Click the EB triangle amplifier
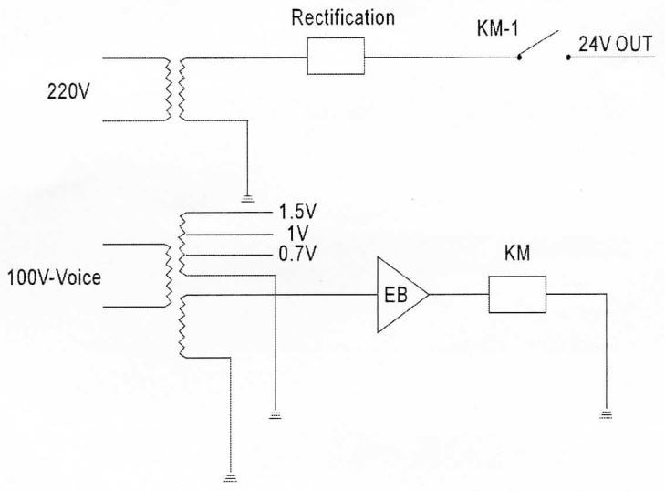[399, 294]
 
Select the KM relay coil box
[516, 294]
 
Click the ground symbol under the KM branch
[606, 414]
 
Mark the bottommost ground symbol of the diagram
[230, 476]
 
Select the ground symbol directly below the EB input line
[274, 414]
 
